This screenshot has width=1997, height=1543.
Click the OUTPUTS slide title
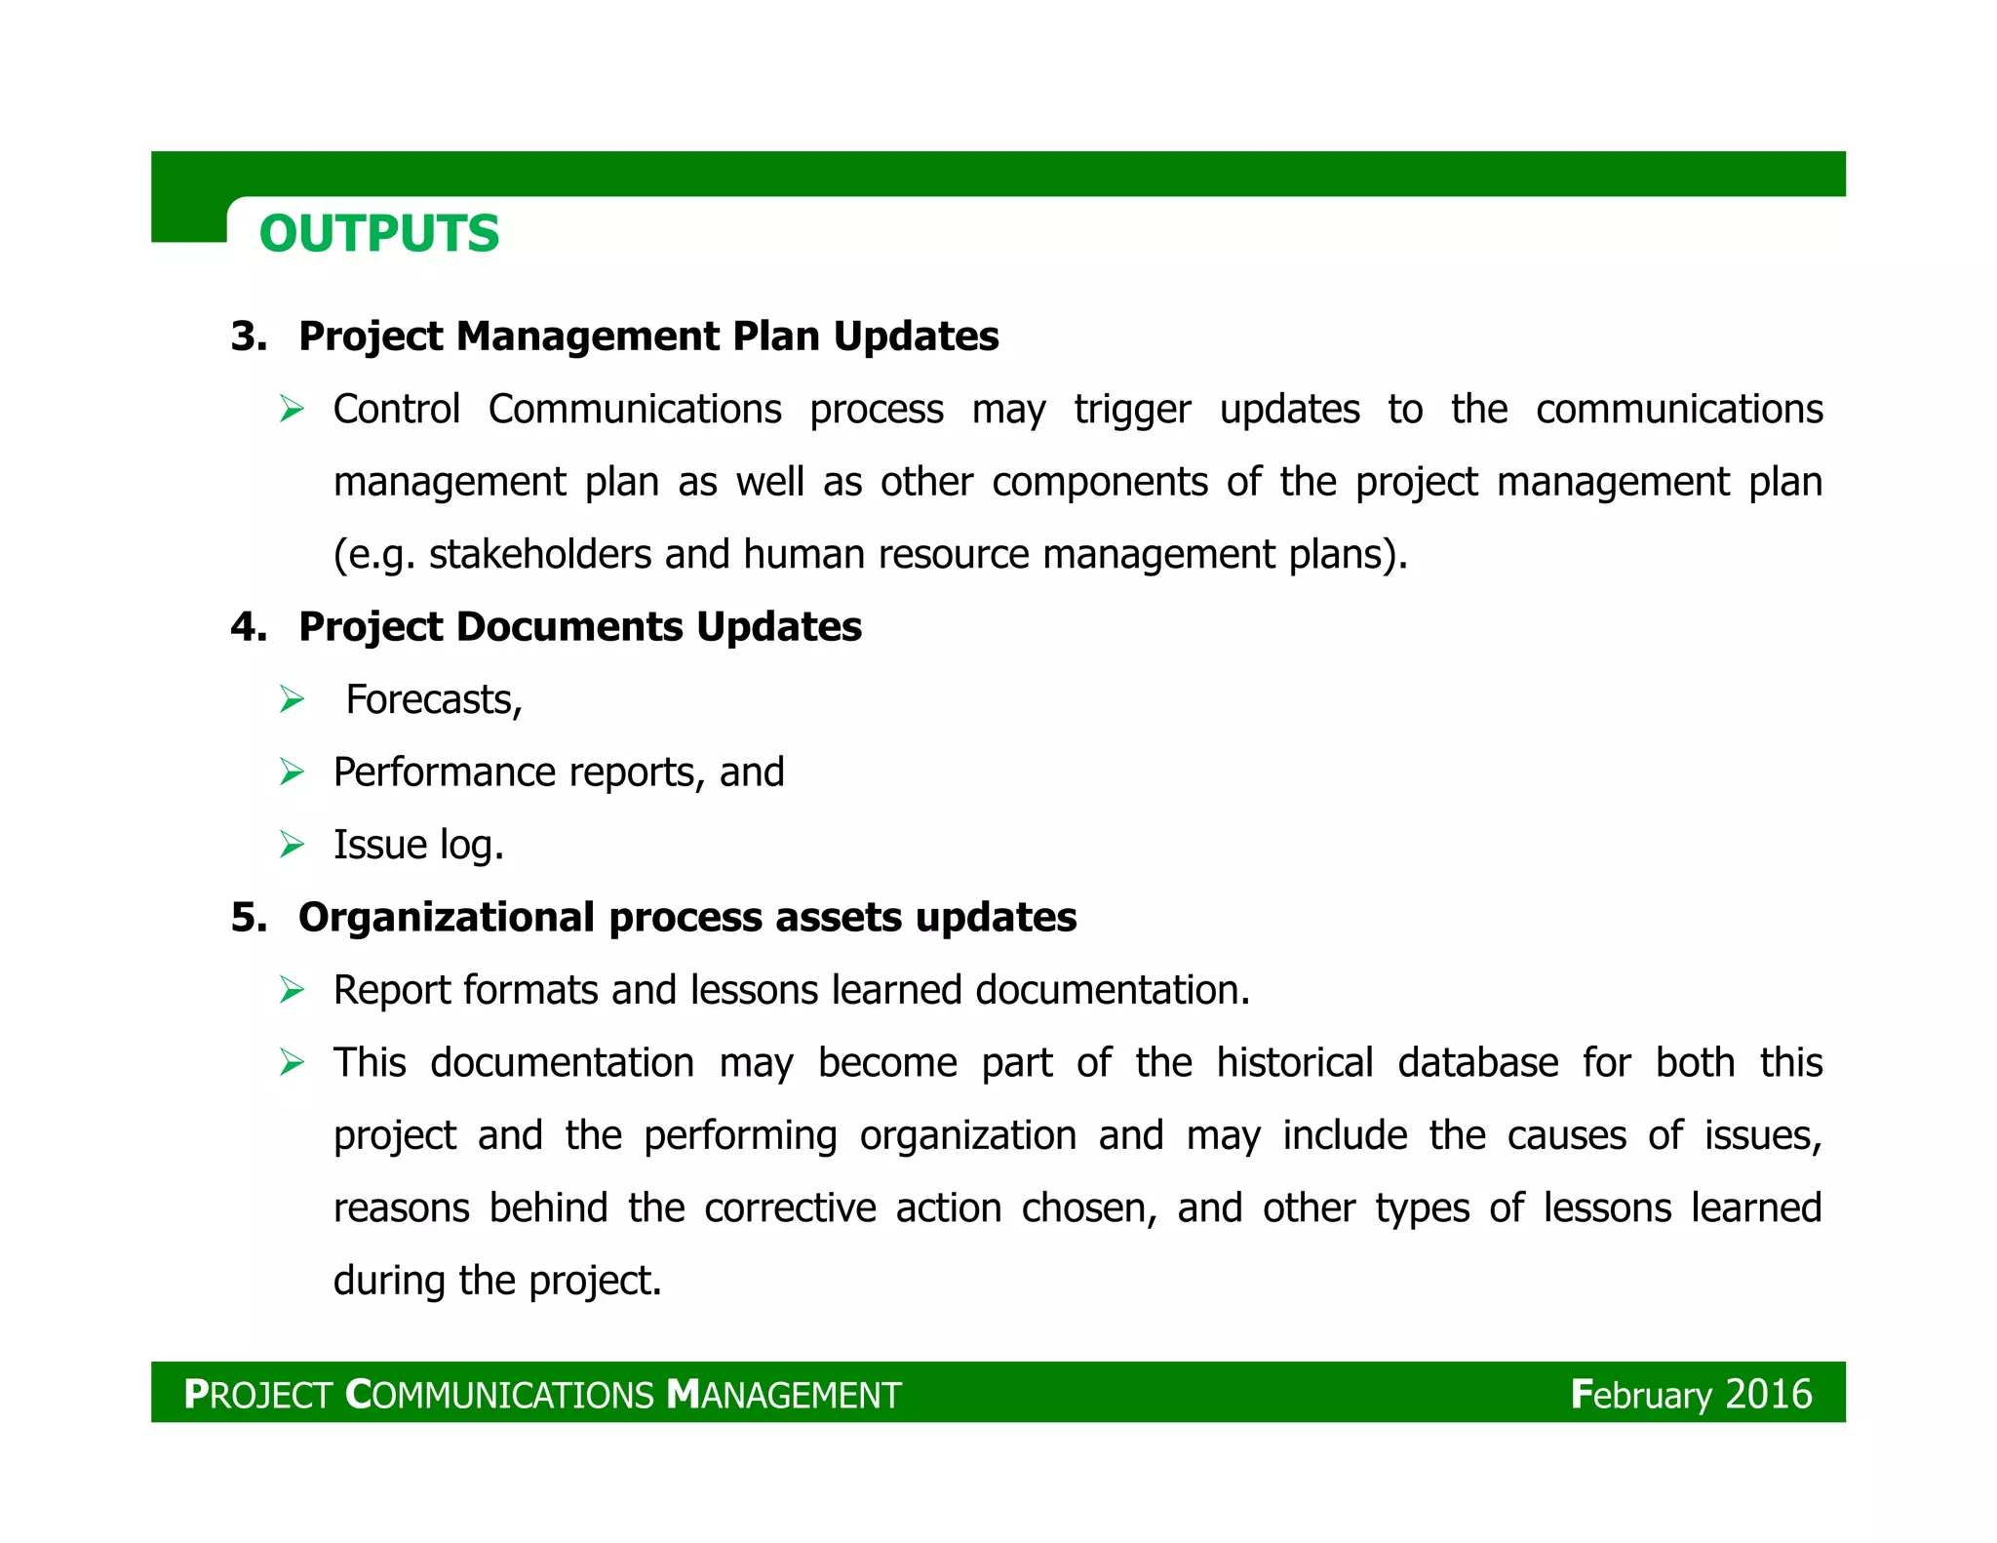(379, 234)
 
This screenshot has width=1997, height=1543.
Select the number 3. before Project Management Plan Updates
(249, 336)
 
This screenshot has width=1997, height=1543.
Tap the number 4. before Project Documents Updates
(249, 627)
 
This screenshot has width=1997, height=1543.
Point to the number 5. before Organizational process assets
(249, 918)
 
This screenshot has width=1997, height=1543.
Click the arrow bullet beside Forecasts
(292, 699)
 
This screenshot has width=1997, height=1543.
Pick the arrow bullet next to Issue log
(292, 845)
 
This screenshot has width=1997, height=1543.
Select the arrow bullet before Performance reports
(292, 772)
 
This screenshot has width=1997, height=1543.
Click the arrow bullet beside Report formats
(292, 990)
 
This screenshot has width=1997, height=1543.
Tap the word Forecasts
(434, 700)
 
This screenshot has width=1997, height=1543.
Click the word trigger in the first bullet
(1132, 410)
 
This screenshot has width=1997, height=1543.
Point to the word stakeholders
(539, 554)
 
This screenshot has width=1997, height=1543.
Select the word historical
(1294, 1063)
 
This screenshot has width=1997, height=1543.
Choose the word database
(1477, 1063)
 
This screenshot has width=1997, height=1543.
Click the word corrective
(790, 1208)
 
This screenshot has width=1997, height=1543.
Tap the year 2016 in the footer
(1768, 1394)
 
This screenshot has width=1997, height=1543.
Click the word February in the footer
(1641, 1395)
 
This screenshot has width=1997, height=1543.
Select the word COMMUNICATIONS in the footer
(499, 1395)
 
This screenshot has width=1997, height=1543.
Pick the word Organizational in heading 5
(447, 918)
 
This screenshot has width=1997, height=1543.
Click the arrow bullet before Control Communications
(292, 409)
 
